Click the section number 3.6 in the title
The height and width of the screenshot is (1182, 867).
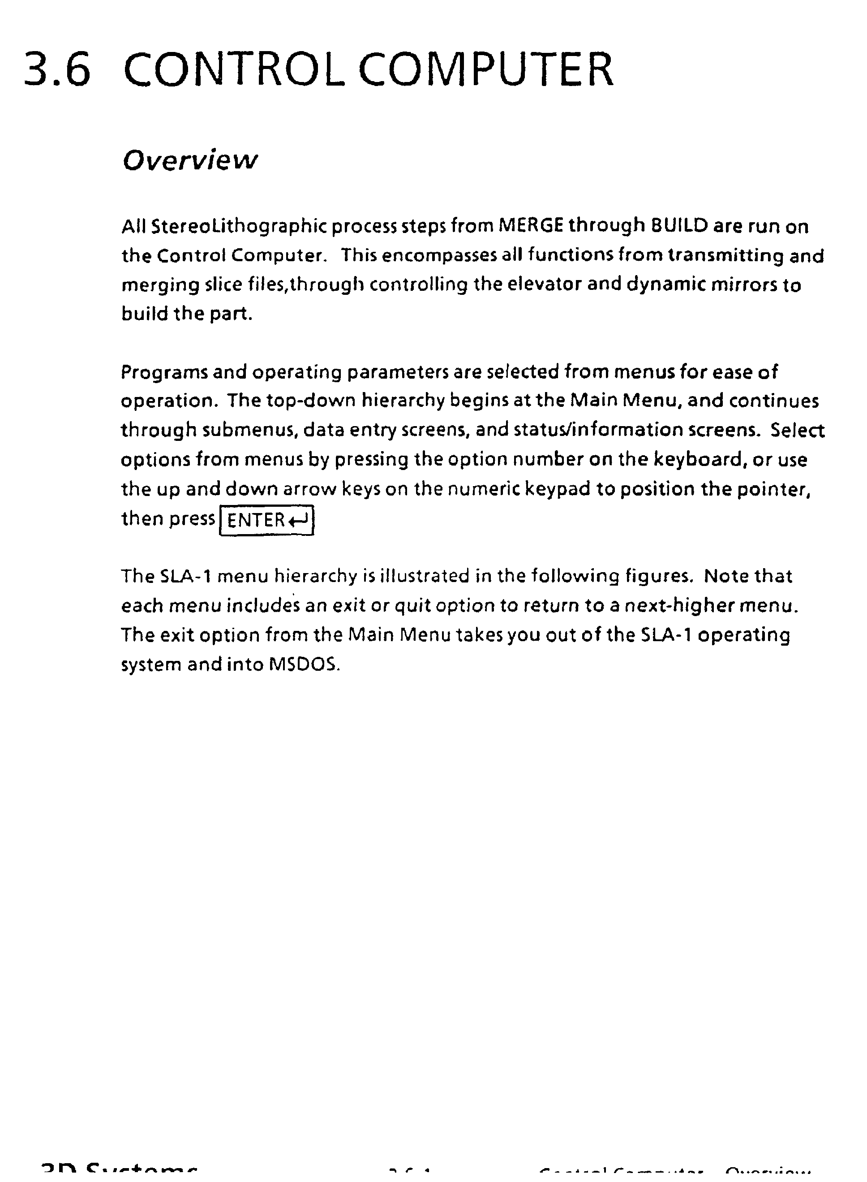(x=57, y=70)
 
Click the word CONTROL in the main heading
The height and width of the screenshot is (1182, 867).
(x=234, y=70)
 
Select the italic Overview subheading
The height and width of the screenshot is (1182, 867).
(x=190, y=160)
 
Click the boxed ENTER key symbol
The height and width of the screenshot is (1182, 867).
(x=266, y=520)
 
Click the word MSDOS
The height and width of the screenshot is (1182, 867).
(x=305, y=665)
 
